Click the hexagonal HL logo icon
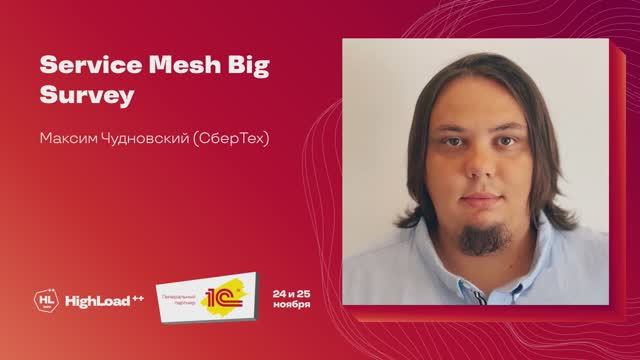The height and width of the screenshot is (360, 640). (x=45, y=298)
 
